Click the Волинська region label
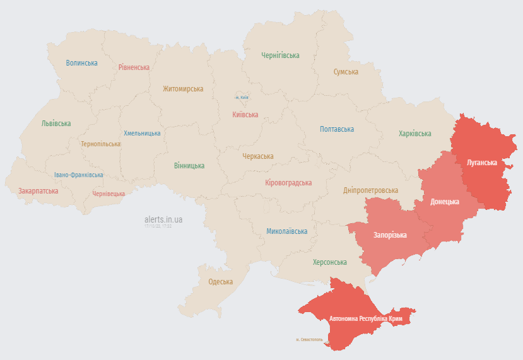(82, 63)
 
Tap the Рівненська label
(134, 67)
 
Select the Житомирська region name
(183, 89)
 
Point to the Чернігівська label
(280, 55)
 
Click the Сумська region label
(346, 72)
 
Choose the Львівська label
(56, 124)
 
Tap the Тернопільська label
(100, 144)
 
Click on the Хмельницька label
(142, 133)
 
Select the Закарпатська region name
(38, 190)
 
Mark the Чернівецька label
(109, 194)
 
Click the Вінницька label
(189, 166)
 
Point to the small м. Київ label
(242, 98)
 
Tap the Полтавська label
(337, 129)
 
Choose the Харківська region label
(415, 134)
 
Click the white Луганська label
(482, 163)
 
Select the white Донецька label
(445, 202)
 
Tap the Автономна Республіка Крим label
(366, 319)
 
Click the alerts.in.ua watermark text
(163, 219)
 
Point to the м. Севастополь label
(309, 339)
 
